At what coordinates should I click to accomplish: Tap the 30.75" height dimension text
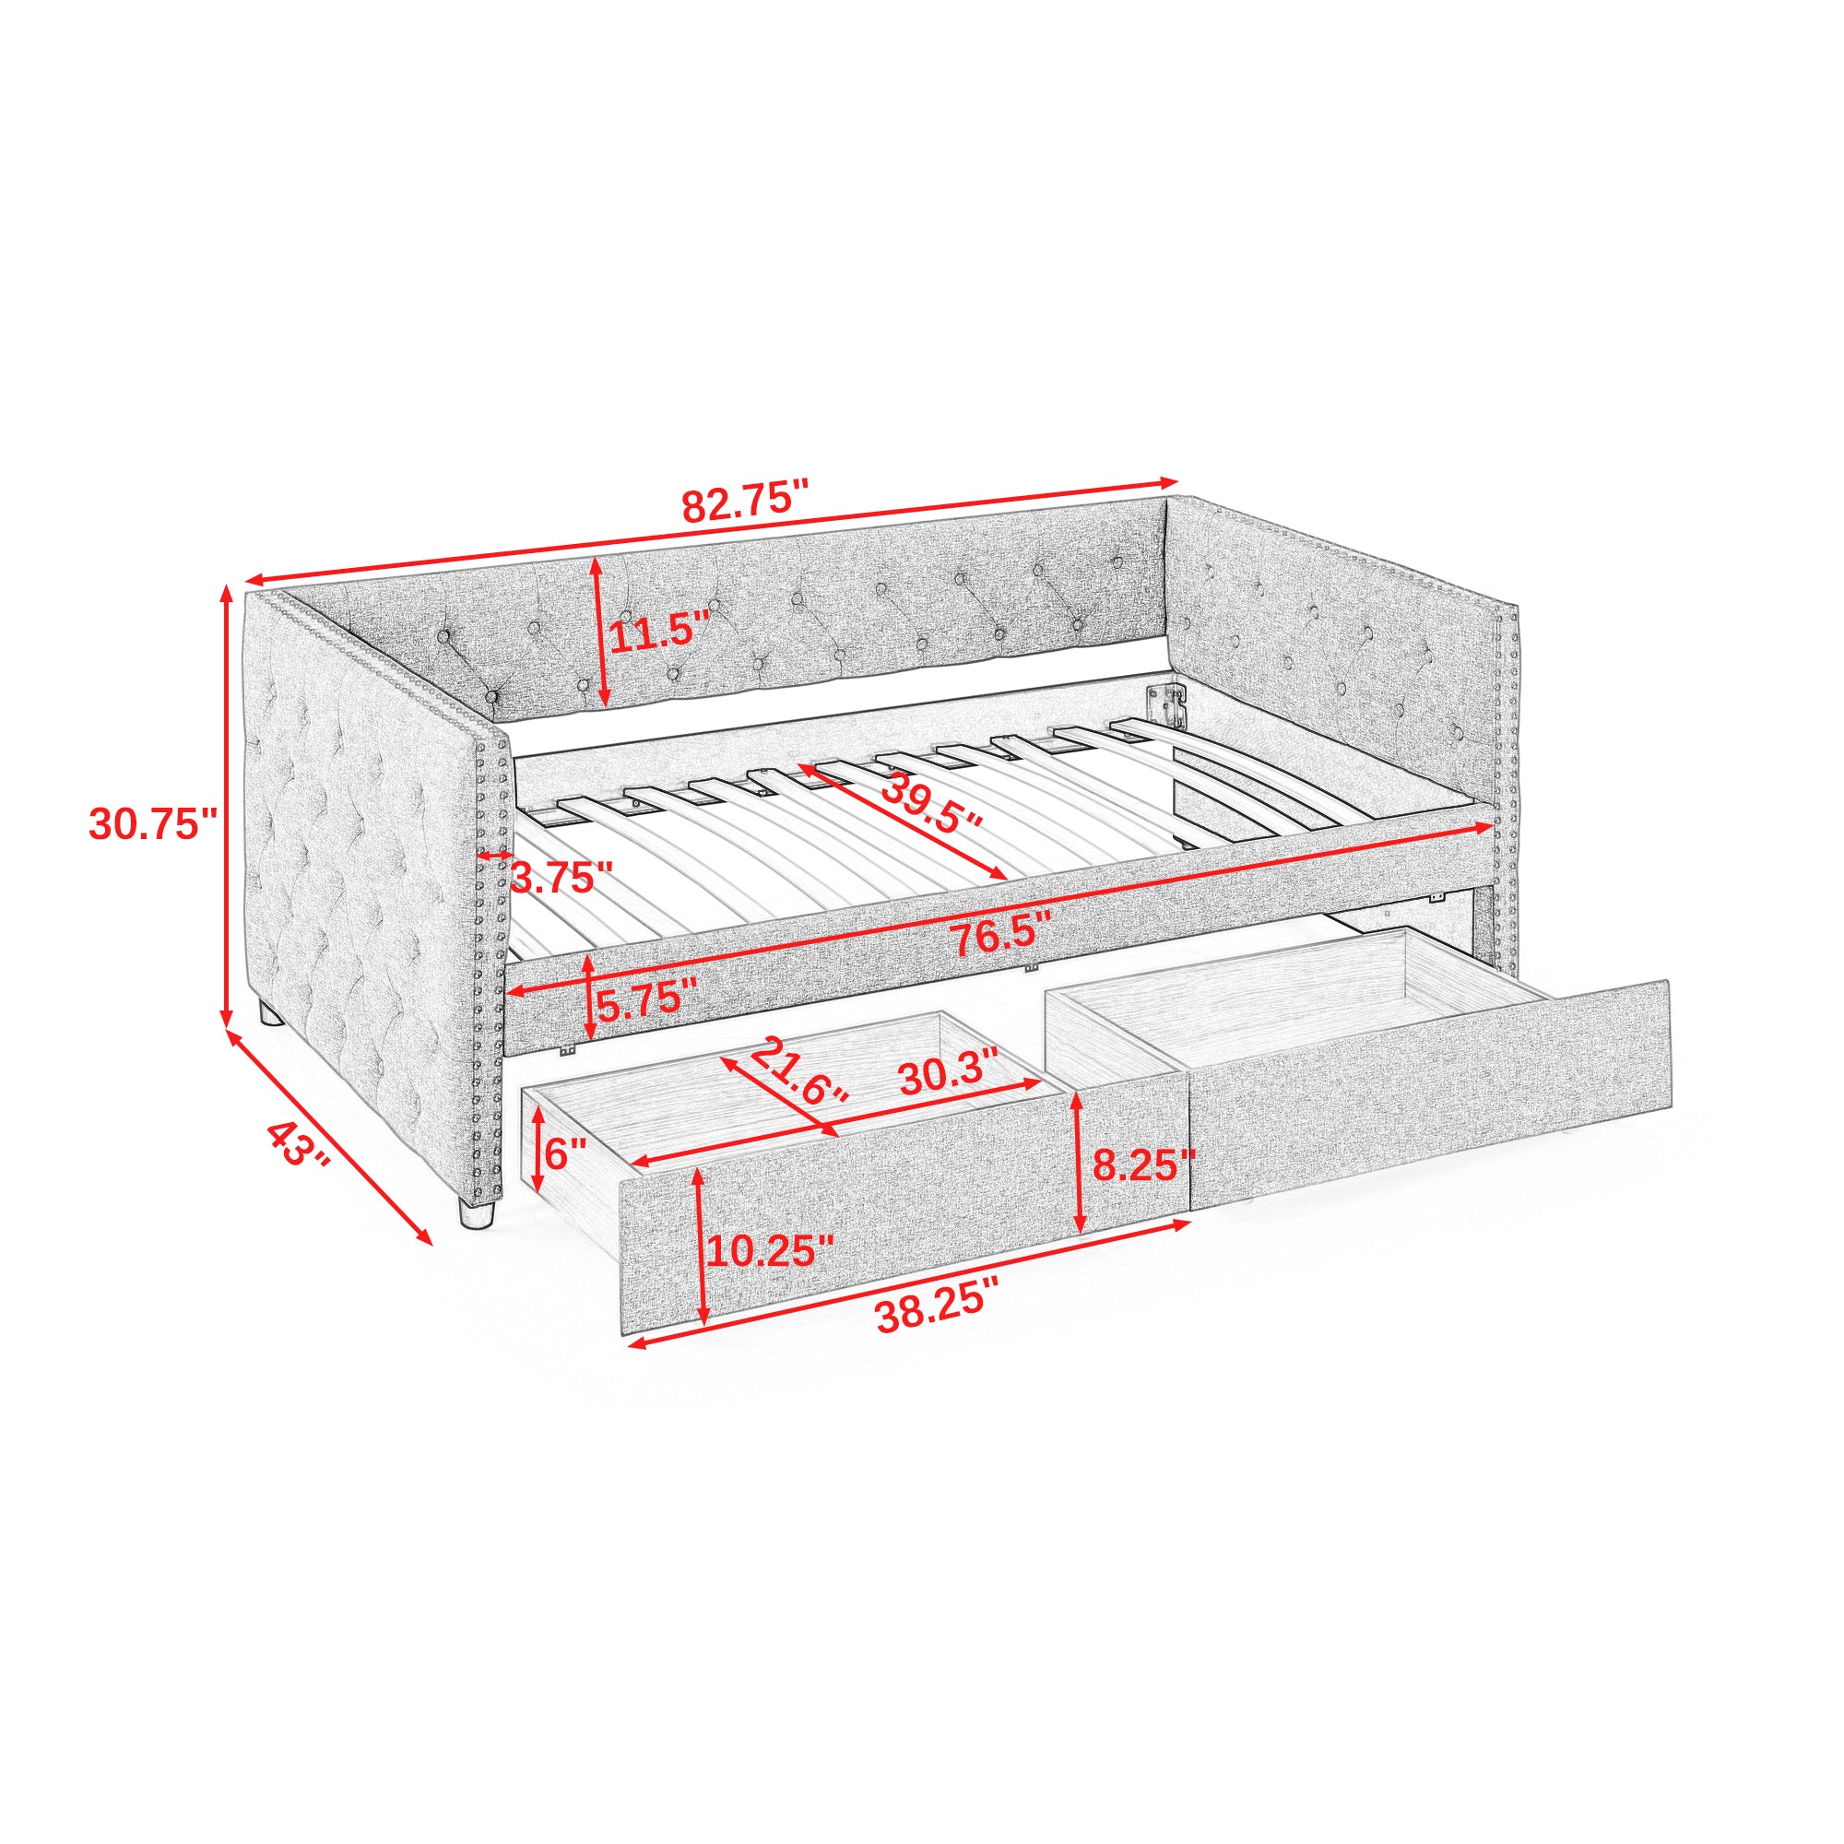click(154, 824)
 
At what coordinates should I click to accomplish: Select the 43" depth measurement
click(297, 1144)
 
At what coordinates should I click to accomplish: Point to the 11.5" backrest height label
click(659, 633)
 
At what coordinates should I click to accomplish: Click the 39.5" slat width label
click(929, 803)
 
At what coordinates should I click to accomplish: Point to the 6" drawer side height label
click(565, 1155)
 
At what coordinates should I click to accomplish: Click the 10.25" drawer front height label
click(770, 1249)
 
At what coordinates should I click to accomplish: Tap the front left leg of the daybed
click(476, 1214)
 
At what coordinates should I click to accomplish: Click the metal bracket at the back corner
click(1165, 704)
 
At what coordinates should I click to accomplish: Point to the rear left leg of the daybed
click(270, 1012)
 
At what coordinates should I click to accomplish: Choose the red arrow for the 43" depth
click(329, 1136)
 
